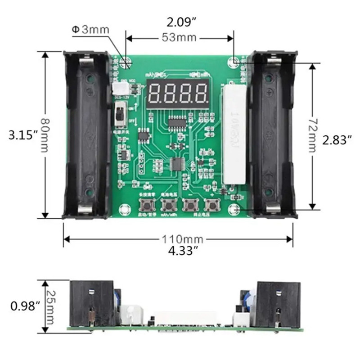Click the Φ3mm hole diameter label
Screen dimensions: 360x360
pos(90,30)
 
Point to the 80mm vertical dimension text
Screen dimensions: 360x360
pos(44,135)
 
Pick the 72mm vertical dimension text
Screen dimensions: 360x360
pos(311,135)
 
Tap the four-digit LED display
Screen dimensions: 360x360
pos(178,93)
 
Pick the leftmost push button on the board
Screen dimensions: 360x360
pos(146,206)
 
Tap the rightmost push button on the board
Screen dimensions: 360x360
pos(210,206)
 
